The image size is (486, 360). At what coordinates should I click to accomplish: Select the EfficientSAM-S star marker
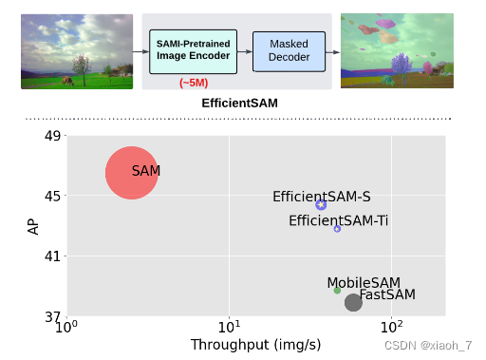coord(321,204)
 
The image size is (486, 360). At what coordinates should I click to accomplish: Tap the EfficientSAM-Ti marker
coord(337,229)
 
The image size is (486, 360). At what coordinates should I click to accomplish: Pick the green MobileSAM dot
coord(337,290)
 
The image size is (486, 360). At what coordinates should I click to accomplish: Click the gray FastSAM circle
coord(353,302)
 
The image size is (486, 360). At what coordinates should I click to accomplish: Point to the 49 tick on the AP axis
coord(50,136)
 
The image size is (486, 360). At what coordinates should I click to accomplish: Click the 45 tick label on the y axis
coord(50,197)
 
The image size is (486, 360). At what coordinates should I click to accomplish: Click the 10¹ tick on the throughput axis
coord(229,329)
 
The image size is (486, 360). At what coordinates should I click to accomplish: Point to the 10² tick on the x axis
coord(391,329)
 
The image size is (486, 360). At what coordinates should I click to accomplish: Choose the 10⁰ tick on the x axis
coord(65,329)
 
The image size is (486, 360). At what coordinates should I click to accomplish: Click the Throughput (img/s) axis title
coord(256,344)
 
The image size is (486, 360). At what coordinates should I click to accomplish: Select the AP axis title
coord(33,226)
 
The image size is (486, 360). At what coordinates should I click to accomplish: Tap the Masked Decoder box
coord(289,51)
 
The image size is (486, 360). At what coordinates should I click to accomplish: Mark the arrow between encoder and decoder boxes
coord(245,51)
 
